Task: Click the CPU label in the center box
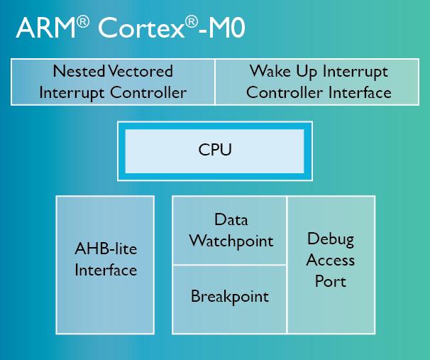pos(215,150)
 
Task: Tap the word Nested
pos(79,71)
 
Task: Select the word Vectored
pos(140,71)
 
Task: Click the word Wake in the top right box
pos(270,71)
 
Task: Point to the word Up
pos(307,72)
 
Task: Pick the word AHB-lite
pos(106,249)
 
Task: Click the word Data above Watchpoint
pos(231,219)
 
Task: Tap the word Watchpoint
pos(231,241)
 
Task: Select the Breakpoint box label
pos(230,297)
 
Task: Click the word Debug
pos(331,239)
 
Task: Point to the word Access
pos(331,260)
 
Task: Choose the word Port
pos(331,281)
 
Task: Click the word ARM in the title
pos(45,28)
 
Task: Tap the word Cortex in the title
pos(141,28)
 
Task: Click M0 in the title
pos(226,28)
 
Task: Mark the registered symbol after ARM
pos(83,22)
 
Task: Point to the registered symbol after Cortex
pos(191,22)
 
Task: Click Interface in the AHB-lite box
pos(106,270)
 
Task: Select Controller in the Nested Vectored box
pos(148,92)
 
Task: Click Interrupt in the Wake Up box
pos(355,72)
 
